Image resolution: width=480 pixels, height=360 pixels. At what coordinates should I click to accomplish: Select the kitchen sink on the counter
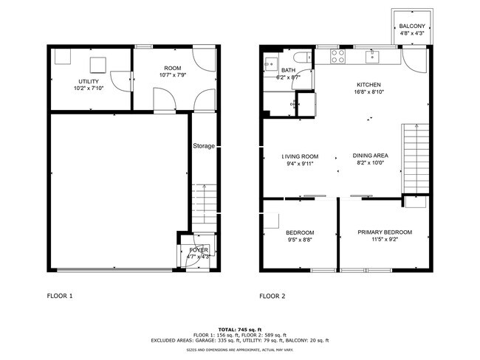pyautogui.click(x=374, y=54)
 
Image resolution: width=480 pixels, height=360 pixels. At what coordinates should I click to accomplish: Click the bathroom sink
pyautogui.click(x=270, y=62)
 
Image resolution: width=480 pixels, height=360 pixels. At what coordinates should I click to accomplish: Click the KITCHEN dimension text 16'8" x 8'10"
pyautogui.click(x=369, y=93)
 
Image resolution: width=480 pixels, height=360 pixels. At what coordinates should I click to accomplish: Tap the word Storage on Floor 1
pyautogui.click(x=204, y=146)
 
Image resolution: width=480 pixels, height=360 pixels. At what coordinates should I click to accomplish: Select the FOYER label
pyautogui.click(x=199, y=250)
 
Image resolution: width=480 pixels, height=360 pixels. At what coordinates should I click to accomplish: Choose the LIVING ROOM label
pyautogui.click(x=300, y=156)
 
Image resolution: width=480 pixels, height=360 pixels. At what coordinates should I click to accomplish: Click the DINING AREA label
pyautogui.click(x=371, y=156)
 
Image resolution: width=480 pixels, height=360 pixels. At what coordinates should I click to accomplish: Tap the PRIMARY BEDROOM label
pyautogui.click(x=385, y=232)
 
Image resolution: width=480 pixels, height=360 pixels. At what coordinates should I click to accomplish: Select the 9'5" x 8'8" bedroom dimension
pyautogui.click(x=300, y=240)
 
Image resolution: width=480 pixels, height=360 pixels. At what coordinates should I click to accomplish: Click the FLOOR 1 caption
pyautogui.click(x=61, y=296)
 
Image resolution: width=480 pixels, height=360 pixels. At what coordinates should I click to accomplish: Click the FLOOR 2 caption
pyautogui.click(x=272, y=296)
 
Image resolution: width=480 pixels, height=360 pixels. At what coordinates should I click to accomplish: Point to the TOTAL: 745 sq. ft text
pyautogui.click(x=239, y=329)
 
